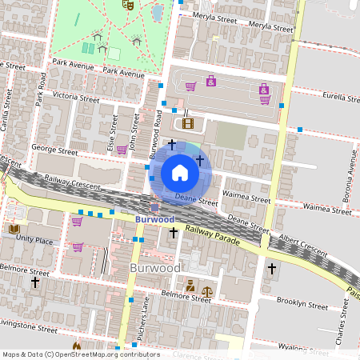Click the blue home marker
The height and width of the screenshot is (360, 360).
coord(180,173)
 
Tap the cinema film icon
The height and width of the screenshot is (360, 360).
coord(188,123)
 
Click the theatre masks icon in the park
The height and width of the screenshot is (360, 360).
coord(126,4)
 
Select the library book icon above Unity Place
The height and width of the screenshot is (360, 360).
coord(14,230)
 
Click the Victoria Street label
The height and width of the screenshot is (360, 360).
coord(76,98)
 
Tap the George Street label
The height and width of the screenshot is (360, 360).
coord(54,149)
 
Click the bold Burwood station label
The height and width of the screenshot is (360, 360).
coord(154,219)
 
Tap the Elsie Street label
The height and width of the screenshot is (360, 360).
coord(113,131)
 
